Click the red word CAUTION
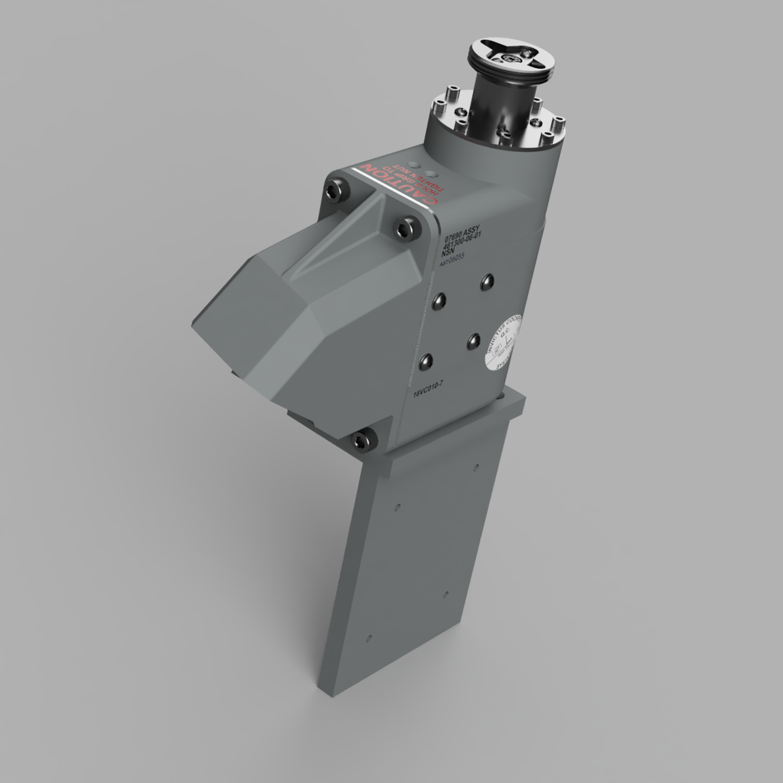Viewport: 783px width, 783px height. [397, 188]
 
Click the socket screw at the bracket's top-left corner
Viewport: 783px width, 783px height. [337, 189]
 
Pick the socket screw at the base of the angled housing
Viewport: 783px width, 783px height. [361, 441]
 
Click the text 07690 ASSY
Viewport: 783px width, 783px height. [466, 233]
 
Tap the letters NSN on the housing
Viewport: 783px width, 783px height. [448, 254]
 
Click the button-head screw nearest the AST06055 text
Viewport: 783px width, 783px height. [488, 280]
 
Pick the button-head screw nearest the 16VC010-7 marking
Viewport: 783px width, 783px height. [426, 361]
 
